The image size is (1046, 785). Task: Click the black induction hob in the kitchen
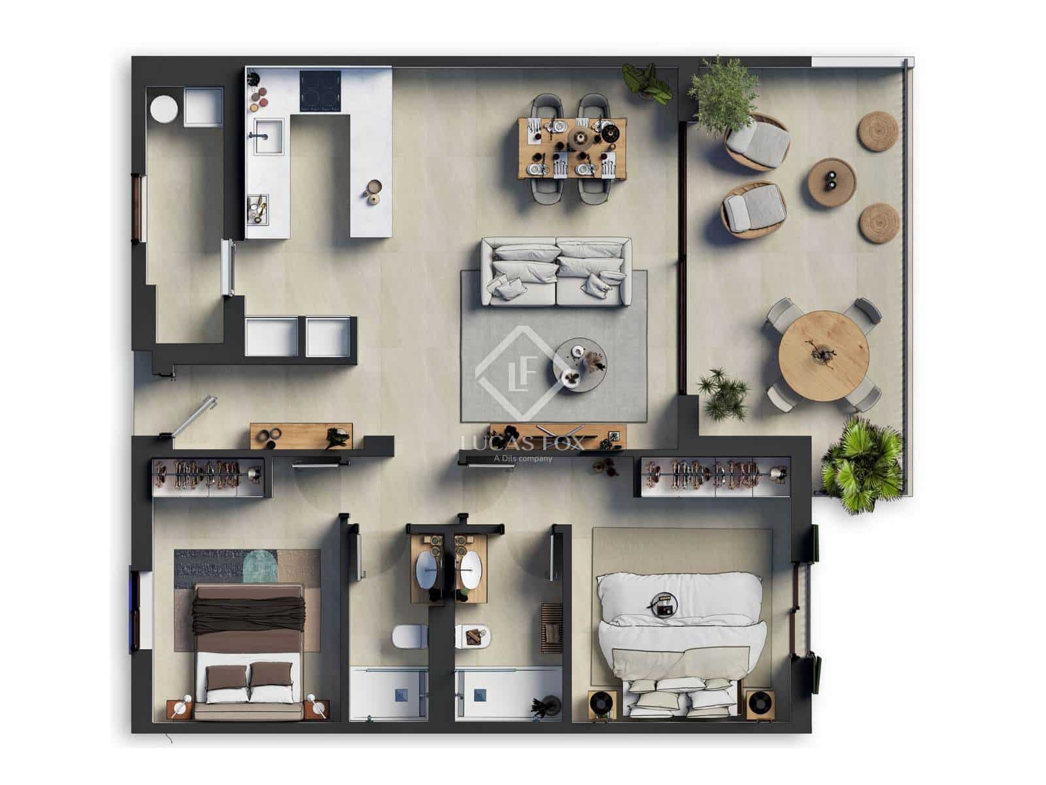click(x=320, y=90)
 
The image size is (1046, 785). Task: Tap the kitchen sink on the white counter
click(x=268, y=136)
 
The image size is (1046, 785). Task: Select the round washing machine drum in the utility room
click(x=163, y=108)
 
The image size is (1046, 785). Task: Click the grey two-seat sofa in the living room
click(x=556, y=271)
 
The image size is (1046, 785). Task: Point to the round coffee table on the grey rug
click(x=580, y=365)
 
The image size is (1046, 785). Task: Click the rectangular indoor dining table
click(x=573, y=148)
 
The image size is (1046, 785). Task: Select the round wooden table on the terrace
click(x=823, y=356)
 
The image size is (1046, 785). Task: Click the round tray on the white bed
click(x=665, y=605)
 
